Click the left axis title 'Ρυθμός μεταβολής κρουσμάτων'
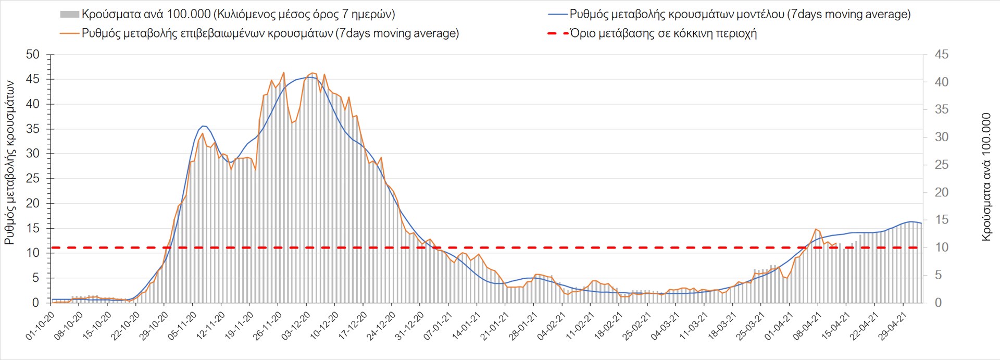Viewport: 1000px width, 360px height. coord(9,163)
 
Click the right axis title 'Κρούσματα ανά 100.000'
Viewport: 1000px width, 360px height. coord(986,177)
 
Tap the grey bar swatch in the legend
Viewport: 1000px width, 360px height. coord(70,15)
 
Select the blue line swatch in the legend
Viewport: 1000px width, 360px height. coord(557,15)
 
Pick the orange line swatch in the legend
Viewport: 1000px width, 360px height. coord(70,33)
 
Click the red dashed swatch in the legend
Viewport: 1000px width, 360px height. coord(557,33)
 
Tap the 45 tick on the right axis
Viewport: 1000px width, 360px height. coord(941,55)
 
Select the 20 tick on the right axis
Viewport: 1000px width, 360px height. coord(941,192)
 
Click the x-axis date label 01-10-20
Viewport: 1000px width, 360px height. coord(40,326)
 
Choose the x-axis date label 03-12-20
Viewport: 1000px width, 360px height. coord(296,326)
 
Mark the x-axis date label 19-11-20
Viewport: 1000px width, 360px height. coord(239,326)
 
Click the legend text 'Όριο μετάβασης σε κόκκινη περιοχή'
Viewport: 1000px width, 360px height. coord(663,33)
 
